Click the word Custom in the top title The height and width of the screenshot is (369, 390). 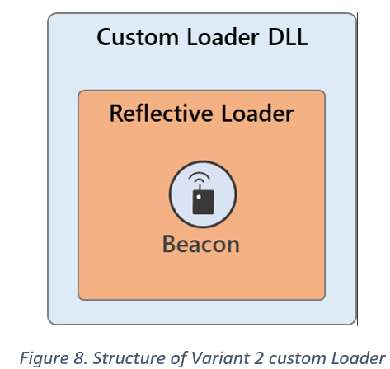138,37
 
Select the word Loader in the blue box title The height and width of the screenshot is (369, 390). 223,37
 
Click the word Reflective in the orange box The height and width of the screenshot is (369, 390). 162,113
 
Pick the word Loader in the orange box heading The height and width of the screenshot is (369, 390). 257,113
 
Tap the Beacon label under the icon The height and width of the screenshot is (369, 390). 201,244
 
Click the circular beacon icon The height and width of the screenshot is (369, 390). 203,194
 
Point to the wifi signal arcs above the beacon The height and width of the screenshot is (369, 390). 200,177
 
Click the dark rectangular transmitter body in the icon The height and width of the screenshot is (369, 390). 203,202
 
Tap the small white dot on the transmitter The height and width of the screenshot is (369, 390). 199,197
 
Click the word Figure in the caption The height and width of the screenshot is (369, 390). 44,358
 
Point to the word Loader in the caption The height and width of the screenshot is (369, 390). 359,357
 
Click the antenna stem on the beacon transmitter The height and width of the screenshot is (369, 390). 200,187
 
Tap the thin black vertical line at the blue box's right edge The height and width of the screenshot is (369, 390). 357,169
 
